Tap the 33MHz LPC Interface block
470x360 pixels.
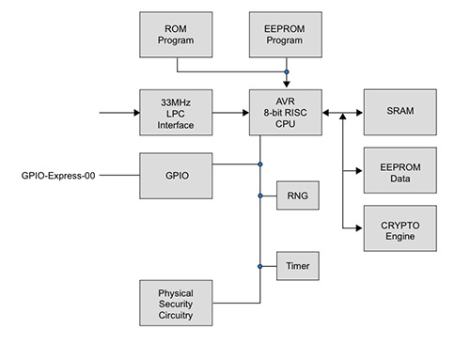pos(175,114)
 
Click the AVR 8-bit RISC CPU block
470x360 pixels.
pos(287,114)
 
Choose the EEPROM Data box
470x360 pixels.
pos(399,171)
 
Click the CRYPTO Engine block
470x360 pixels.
pos(399,227)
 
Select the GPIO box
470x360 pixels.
pos(175,175)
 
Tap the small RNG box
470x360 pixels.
pos(291,196)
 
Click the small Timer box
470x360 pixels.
pos(292,266)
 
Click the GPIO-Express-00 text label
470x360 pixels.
pos(60,176)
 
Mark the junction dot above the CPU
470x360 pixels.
pos(287,71)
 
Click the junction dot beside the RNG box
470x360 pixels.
pos(259,196)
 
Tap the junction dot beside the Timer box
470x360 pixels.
pos(259,266)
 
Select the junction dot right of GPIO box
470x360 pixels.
pos(259,164)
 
